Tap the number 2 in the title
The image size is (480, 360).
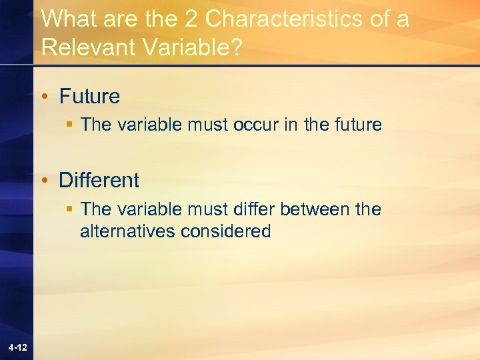(193, 19)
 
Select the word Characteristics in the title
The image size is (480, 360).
(284, 19)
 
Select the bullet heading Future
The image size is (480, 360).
(89, 97)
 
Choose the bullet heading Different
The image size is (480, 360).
(99, 180)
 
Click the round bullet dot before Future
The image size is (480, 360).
(45, 97)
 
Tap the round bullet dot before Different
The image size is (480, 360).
(45, 181)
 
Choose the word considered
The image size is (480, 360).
(226, 232)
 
